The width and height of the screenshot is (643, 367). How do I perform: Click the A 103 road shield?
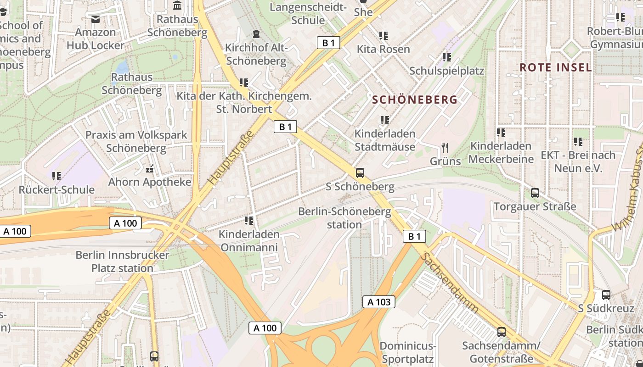(x=379, y=301)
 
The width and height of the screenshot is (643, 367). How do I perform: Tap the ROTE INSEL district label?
(x=555, y=67)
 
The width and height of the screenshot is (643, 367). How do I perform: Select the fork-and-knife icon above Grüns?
(x=445, y=147)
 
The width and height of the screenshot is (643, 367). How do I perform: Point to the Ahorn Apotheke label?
(x=150, y=182)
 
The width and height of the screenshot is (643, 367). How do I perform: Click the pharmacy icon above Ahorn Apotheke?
(x=150, y=169)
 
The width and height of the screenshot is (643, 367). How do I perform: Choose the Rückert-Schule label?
(x=56, y=189)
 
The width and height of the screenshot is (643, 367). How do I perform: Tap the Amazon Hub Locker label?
(x=96, y=39)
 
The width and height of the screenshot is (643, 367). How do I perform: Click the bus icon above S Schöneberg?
(x=360, y=173)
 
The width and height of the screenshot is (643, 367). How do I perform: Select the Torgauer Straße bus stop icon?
(x=535, y=193)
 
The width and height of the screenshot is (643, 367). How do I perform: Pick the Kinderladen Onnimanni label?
(x=249, y=241)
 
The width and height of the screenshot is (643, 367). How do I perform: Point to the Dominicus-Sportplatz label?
(x=408, y=352)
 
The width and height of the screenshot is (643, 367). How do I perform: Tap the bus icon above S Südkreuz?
(x=606, y=295)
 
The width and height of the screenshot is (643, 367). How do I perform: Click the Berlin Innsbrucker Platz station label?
(x=122, y=261)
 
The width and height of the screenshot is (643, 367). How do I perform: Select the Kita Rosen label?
(x=384, y=49)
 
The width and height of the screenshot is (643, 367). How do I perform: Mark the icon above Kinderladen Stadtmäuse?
(x=385, y=120)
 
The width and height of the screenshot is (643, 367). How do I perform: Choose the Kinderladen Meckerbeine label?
(x=501, y=152)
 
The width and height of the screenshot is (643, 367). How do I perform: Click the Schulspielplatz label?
(x=446, y=71)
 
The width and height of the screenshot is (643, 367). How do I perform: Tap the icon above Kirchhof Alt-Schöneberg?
(x=256, y=34)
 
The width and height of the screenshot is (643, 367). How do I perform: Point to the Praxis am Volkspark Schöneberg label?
(x=136, y=141)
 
